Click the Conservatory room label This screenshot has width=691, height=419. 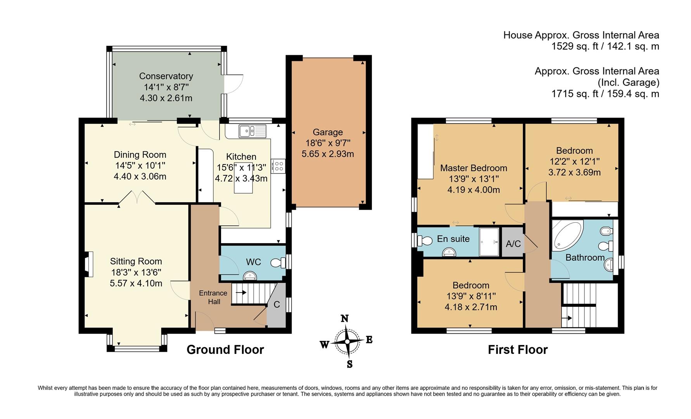coord(166,76)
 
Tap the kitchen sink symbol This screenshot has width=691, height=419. coord(252,131)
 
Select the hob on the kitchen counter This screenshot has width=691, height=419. coord(278,166)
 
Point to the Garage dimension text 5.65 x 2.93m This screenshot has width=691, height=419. coord(328,154)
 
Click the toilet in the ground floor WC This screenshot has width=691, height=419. coord(278,263)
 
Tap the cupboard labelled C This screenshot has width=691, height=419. coord(276,305)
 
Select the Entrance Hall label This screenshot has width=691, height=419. coord(213,297)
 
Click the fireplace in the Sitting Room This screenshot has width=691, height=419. coord(89,264)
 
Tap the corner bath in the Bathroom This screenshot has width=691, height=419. coord(566,234)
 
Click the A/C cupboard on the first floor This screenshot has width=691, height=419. coord(513,244)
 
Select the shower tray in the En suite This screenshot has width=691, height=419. coord(489,242)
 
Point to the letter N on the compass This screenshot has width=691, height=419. coord(344,319)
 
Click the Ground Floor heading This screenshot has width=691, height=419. coord(225,350)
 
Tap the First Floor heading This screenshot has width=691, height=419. coord(517,350)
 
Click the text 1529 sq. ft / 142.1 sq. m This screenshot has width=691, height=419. coord(605,47)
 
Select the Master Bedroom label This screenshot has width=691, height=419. coord(473,168)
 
